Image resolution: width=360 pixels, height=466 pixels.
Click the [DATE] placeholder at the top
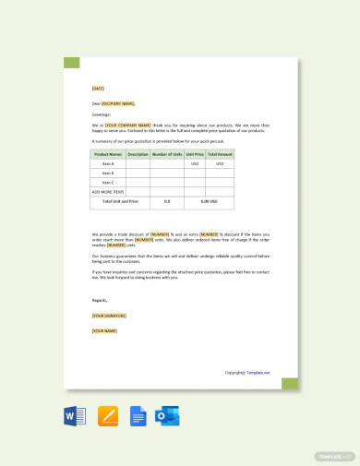(x=98, y=89)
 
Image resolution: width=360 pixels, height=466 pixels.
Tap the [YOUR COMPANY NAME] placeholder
(x=126, y=124)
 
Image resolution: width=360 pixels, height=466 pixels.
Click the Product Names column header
(x=108, y=154)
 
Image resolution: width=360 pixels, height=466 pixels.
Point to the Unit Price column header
(x=195, y=154)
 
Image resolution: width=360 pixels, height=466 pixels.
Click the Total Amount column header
(x=220, y=154)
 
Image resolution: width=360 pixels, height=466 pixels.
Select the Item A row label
(x=108, y=163)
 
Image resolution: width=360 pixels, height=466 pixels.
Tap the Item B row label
(x=108, y=173)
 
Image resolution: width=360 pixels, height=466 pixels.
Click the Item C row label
(x=108, y=182)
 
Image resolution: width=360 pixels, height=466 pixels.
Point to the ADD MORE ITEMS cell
(x=108, y=191)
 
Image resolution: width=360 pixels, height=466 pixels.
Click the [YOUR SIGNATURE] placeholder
(x=109, y=315)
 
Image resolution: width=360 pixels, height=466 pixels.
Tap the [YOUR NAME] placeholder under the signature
(x=104, y=330)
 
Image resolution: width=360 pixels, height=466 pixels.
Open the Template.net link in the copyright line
(x=258, y=373)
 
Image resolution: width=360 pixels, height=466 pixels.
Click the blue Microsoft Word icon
(x=75, y=416)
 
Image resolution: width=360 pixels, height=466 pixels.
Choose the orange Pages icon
(x=107, y=416)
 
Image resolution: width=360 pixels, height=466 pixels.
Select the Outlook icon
(x=167, y=416)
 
